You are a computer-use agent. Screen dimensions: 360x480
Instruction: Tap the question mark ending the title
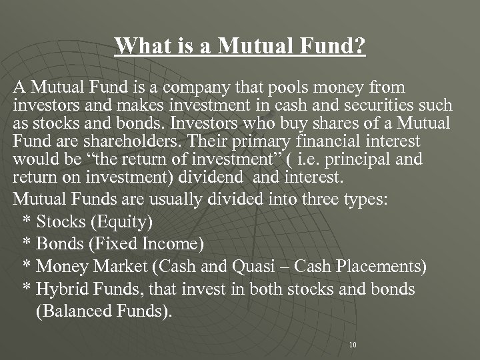tap(360, 47)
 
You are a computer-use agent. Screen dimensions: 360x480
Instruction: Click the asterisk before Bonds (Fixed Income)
tap(27, 244)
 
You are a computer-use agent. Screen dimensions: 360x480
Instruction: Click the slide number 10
tap(353, 345)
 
